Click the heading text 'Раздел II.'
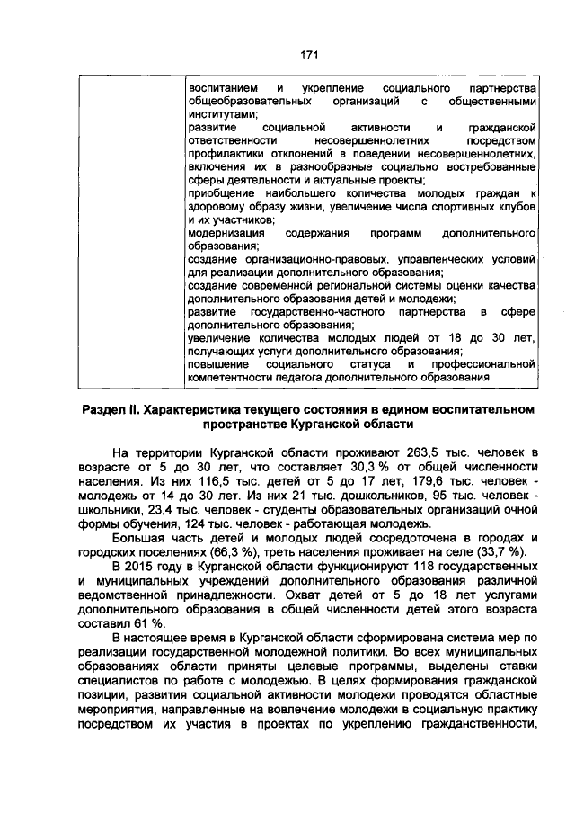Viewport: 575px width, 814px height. click(108, 411)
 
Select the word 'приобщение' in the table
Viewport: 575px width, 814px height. click(220, 193)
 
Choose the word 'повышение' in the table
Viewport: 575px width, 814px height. click(217, 365)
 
